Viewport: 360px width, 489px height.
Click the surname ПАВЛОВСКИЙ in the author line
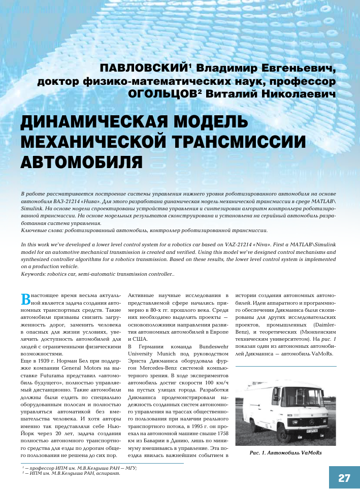tap(143, 68)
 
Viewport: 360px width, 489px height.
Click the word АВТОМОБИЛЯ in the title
tap(81, 161)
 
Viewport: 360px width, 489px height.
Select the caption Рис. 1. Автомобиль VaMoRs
tap(286, 452)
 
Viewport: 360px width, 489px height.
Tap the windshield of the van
tap(305, 396)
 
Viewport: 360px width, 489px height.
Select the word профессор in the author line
tap(306, 81)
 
